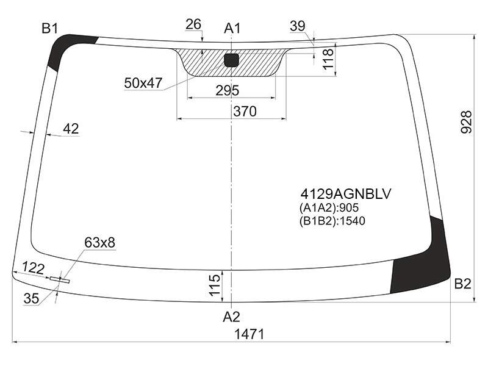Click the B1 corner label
(x=50, y=29)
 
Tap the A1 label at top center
(x=232, y=28)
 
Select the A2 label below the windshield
(x=231, y=317)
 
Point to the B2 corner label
(x=462, y=284)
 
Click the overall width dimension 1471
(x=249, y=334)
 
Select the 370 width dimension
(x=245, y=111)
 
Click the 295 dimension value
(x=228, y=90)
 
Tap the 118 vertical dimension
(x=328, y=59)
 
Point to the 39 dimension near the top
(x=298, y=26)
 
